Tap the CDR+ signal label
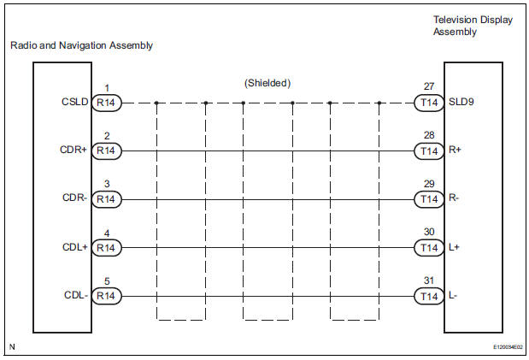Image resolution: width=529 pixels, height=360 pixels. point(73,150)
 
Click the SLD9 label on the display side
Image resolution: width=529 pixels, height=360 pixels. point(460,102)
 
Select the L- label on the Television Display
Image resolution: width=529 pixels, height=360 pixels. point(453,296)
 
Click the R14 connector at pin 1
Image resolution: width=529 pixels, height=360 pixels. point(107,103)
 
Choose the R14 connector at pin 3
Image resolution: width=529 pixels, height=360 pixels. point(107,199)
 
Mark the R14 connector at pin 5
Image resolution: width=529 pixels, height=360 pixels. point(107,296)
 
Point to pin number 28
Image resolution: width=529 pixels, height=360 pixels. point(429,135)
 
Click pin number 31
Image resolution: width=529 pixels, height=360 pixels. point(429,280)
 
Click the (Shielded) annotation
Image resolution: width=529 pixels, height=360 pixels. point(267,83)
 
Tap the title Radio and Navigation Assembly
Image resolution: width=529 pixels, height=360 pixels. point(82,46)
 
